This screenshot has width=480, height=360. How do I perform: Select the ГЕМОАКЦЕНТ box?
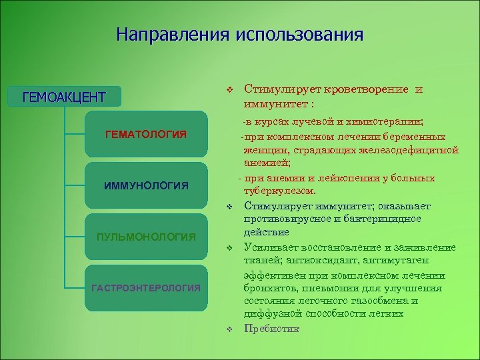64,97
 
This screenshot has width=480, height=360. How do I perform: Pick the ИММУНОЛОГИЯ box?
146,185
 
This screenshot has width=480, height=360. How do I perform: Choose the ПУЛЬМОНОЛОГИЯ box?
146,236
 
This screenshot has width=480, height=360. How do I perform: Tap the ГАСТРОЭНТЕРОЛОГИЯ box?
146,287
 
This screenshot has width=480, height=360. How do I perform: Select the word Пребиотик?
272,329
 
